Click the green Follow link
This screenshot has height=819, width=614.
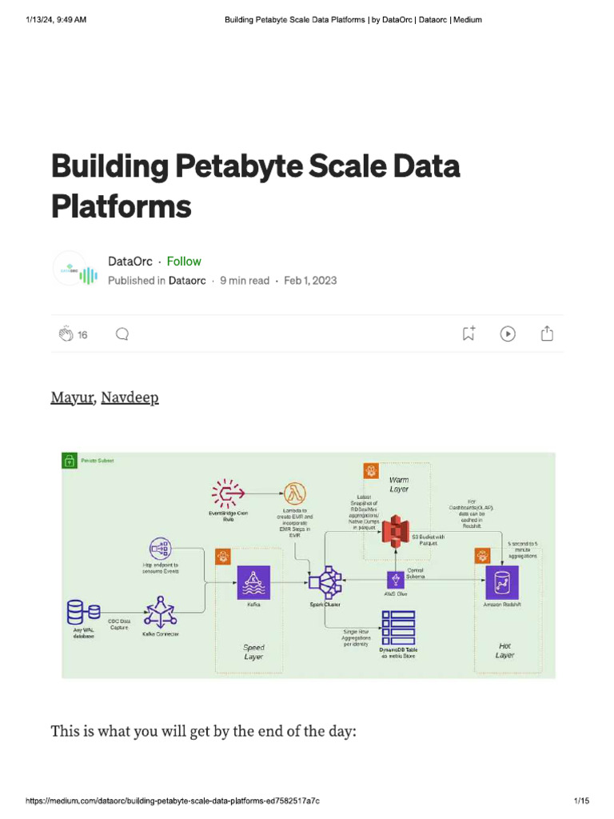pos(184,262)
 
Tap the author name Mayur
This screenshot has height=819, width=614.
pos(72,398)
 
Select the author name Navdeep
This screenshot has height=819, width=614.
pos(130,398)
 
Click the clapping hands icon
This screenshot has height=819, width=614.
pos(66,334)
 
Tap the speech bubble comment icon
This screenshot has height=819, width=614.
pos(122,334)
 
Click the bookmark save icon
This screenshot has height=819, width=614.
pos(468,334)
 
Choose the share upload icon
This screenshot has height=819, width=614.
pos(547,334)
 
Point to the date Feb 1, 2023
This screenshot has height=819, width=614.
pos(310,281)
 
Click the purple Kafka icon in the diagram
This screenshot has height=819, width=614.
pos(253,582)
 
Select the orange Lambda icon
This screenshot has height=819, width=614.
pos(296,493)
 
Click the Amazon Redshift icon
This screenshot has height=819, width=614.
pos(502,582)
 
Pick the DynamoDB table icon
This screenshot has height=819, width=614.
pos(398,627)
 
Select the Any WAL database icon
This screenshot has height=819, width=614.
pos(78,613)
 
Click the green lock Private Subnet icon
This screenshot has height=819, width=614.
pos(70,460)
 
